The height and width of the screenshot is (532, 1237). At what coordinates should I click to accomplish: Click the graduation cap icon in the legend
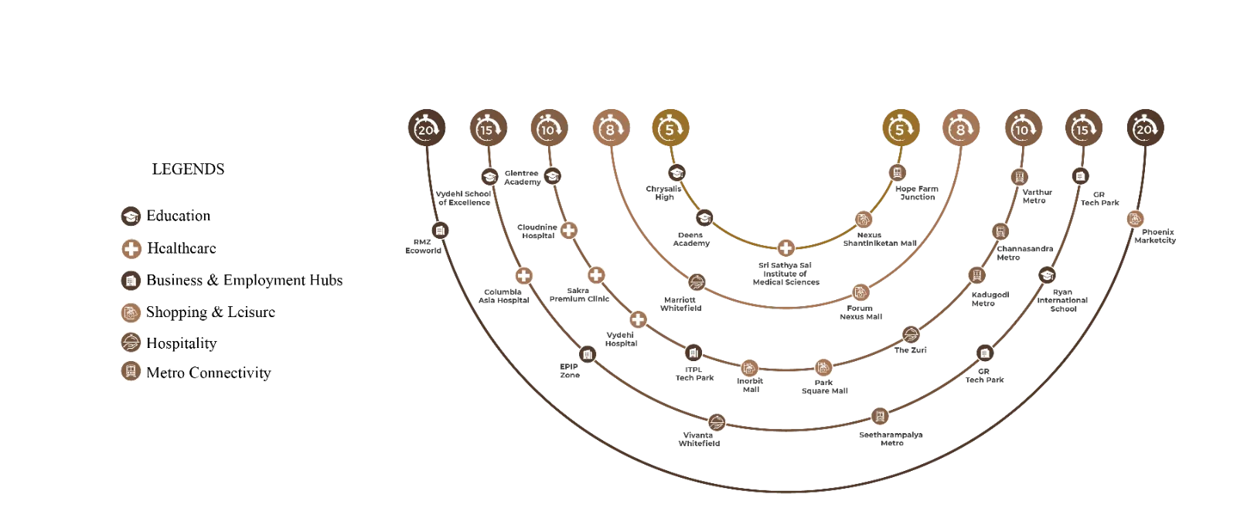131,216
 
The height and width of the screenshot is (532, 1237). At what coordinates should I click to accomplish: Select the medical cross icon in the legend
131,249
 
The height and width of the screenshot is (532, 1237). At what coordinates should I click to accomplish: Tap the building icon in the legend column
131,280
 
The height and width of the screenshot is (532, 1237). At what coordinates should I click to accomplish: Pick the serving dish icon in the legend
131,343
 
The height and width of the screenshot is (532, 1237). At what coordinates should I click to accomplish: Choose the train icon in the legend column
131,372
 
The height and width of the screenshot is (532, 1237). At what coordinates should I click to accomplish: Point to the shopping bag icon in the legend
131,312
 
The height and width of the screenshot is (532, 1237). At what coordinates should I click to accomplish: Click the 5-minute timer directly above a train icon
899,130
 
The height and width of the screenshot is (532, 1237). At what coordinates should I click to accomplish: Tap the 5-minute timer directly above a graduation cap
670,130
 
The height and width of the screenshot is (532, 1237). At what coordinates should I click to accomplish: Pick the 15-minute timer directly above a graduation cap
486,130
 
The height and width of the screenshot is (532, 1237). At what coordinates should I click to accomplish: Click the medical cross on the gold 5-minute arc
785,249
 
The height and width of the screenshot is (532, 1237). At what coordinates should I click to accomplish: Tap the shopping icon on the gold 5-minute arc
864,220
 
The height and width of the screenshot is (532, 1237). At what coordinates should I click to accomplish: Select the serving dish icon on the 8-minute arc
697,282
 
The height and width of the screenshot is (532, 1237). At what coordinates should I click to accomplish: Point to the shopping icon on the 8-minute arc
858,293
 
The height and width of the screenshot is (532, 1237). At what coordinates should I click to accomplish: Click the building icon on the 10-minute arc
693,353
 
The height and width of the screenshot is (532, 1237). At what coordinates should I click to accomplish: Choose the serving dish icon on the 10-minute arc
911,335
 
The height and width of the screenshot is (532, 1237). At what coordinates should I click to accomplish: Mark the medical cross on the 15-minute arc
524,276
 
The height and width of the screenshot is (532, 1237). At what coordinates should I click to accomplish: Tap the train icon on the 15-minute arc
879,417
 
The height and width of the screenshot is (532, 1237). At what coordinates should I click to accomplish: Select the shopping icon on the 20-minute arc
1135,220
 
